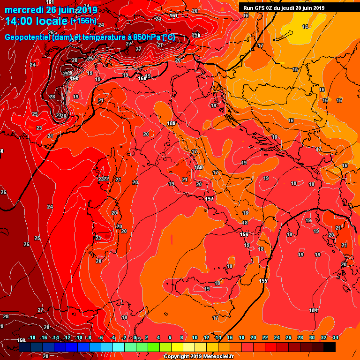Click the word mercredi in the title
22,10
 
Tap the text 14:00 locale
37,21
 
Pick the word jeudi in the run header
289,7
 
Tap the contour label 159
171,123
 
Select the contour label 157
209,199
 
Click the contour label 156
244,234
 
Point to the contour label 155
263,280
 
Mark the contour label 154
314,310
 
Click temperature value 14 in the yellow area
305,27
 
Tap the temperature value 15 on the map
295,69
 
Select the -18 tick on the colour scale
32,337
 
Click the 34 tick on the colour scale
335,337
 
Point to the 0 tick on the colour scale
135,337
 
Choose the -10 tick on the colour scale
79,337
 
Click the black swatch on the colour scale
329,347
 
